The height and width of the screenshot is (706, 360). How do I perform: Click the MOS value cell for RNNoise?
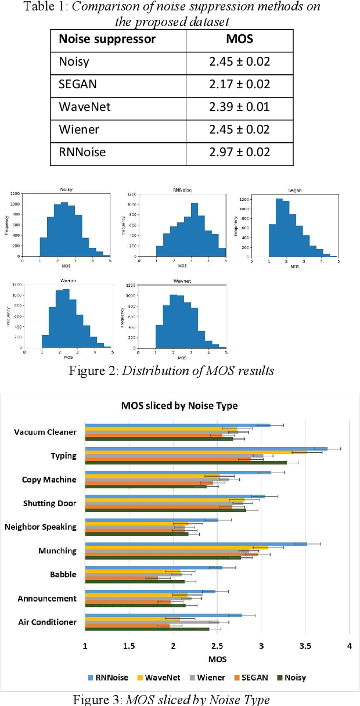pyautogui.click(x=239, y=152)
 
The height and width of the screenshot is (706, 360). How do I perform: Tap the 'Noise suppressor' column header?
pyautogui.click(x=107, y=39)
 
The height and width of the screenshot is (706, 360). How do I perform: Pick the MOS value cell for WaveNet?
pyautogui.click(x=239, y=107)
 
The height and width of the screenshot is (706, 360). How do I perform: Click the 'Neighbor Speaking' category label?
pyautogui.click(x=41, y=527)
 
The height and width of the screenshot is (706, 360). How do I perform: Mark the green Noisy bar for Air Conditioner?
pyautogui.click(x=147, y=629)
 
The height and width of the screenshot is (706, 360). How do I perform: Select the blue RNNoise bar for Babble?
pyautogui.click(x=154, y=567)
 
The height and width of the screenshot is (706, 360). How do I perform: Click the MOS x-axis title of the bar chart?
pyautogui.click(x=217, y=660)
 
